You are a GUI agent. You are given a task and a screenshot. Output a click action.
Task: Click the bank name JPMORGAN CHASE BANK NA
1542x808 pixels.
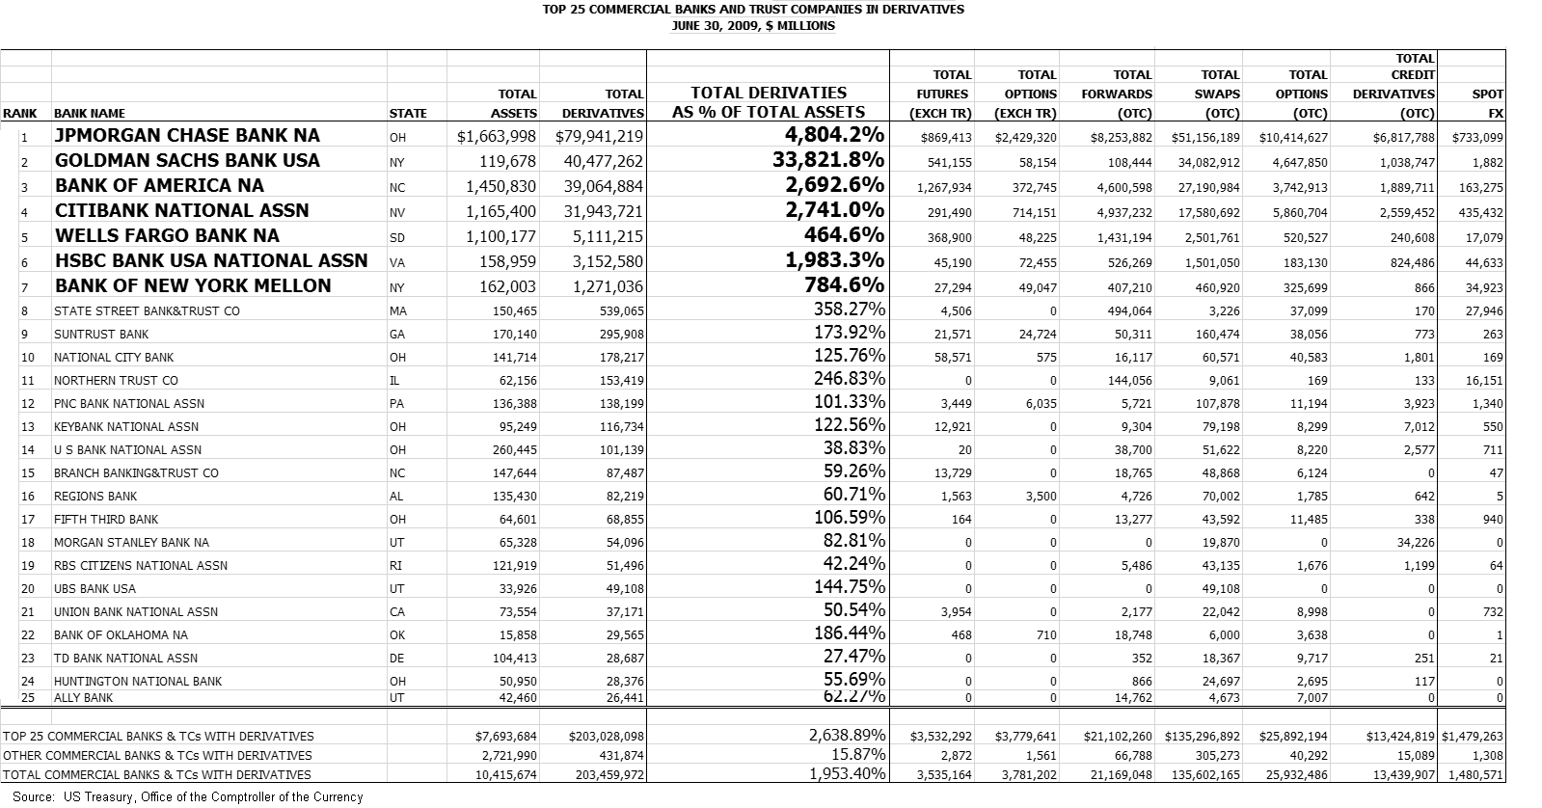pos(187,136)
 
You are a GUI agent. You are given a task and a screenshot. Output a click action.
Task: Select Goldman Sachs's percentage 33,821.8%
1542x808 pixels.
pos(828,160)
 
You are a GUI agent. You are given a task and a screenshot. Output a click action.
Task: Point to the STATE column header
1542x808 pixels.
pos(407,114)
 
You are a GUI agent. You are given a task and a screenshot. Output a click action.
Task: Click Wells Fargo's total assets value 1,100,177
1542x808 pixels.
pos(500,236)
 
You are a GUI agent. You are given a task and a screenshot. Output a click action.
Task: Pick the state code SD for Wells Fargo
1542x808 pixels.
pos(397,237)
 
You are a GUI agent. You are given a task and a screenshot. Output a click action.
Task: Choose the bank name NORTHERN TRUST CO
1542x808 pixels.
pos(116,381)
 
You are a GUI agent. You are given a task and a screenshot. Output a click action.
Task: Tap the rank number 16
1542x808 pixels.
pos(27,497)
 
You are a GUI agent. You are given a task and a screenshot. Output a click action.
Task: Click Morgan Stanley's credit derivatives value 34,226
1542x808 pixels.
pos(1409,543)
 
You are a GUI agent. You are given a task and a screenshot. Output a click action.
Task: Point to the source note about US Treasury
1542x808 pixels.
pos(188,797)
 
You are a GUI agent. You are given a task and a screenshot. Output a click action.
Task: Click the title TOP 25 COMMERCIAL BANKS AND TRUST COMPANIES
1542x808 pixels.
pos(753,10)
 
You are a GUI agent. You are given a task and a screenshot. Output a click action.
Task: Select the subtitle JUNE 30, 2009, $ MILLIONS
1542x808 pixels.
pos(753,25)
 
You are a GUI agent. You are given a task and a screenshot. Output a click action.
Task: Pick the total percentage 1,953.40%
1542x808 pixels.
pos(847,773)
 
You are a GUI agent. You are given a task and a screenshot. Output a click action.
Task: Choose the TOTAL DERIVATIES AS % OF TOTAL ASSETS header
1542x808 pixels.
pos(769,102)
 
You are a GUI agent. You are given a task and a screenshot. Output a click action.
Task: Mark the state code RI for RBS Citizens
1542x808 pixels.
pos(395,566)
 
